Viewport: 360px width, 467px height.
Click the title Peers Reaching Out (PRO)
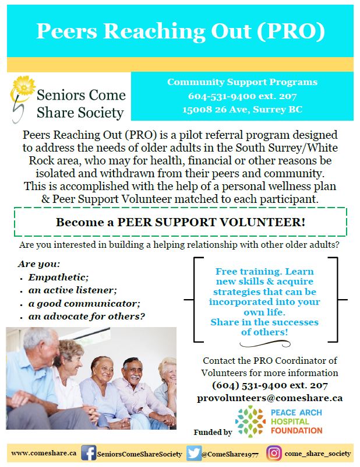click(180, 31)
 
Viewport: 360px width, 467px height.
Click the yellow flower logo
click(23, 87)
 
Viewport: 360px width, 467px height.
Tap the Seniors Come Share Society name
click(80, 103)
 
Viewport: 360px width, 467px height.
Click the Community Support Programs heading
click(242, 82)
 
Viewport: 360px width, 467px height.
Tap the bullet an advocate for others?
click(87, 317)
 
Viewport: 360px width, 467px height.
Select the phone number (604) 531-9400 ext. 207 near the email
click(270, 385)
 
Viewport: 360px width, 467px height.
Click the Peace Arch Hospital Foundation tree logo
click(249, 421)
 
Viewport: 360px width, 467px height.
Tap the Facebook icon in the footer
click(89, 452)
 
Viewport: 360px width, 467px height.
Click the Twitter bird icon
click(193, 453)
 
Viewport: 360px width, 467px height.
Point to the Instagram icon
click(274, 453)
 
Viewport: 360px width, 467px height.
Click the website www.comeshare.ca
click(44, 453)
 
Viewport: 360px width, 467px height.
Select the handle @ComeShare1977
click(230, 453)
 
